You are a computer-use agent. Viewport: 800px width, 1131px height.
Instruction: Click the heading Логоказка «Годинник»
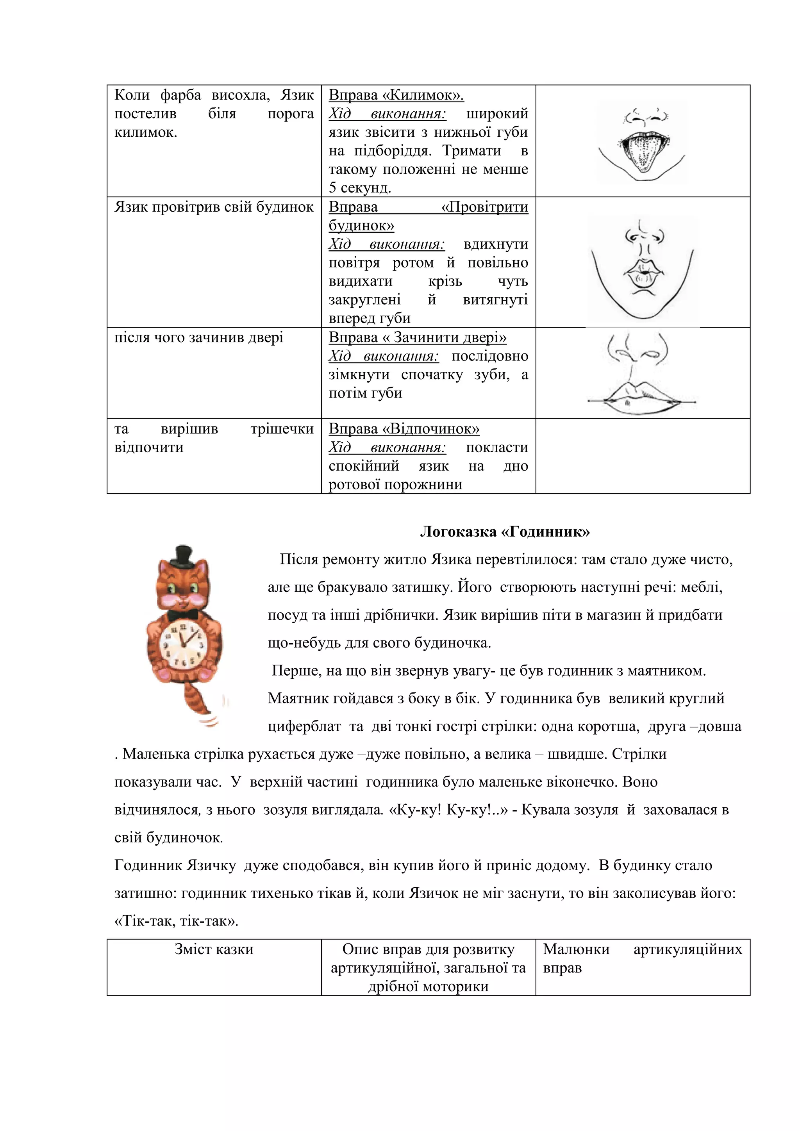click(505, 532)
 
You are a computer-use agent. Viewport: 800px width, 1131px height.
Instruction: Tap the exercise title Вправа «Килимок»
click(396, 95)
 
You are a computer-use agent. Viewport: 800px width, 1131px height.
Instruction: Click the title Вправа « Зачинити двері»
click(417, 337)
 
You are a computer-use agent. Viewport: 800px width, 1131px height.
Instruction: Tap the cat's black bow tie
click(183, 615)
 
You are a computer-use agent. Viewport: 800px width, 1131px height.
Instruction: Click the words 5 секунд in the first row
click(360, 188)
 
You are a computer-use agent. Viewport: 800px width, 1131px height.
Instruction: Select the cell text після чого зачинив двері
click(198, 337)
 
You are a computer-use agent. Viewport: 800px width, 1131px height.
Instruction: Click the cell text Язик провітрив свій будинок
click(214, 207)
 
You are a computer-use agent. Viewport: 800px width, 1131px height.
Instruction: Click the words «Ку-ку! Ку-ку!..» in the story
click(448, 810)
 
